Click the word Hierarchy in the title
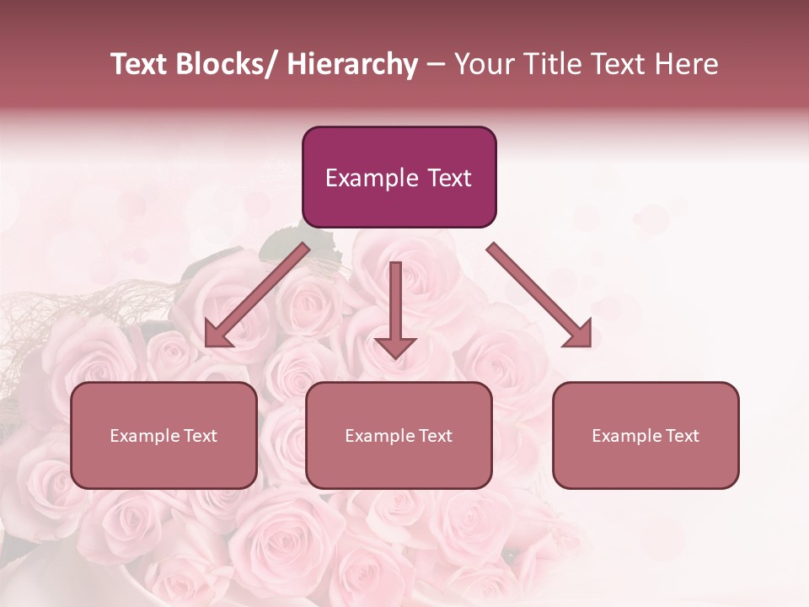[x=352, y=65]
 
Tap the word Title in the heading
[x=549, y=65]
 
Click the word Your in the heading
[x=483, y=65]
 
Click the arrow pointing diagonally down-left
[x=257, y=295]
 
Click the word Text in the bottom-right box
[x=681, y=436]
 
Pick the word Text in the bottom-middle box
[x=434, y=436]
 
